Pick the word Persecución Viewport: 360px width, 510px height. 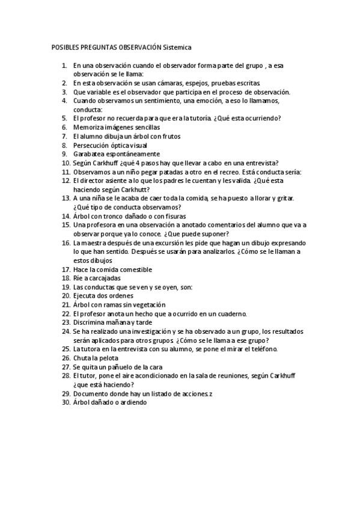[93, 146]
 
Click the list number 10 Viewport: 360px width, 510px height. [66, 163]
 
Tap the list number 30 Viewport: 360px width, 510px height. [66, 402]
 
